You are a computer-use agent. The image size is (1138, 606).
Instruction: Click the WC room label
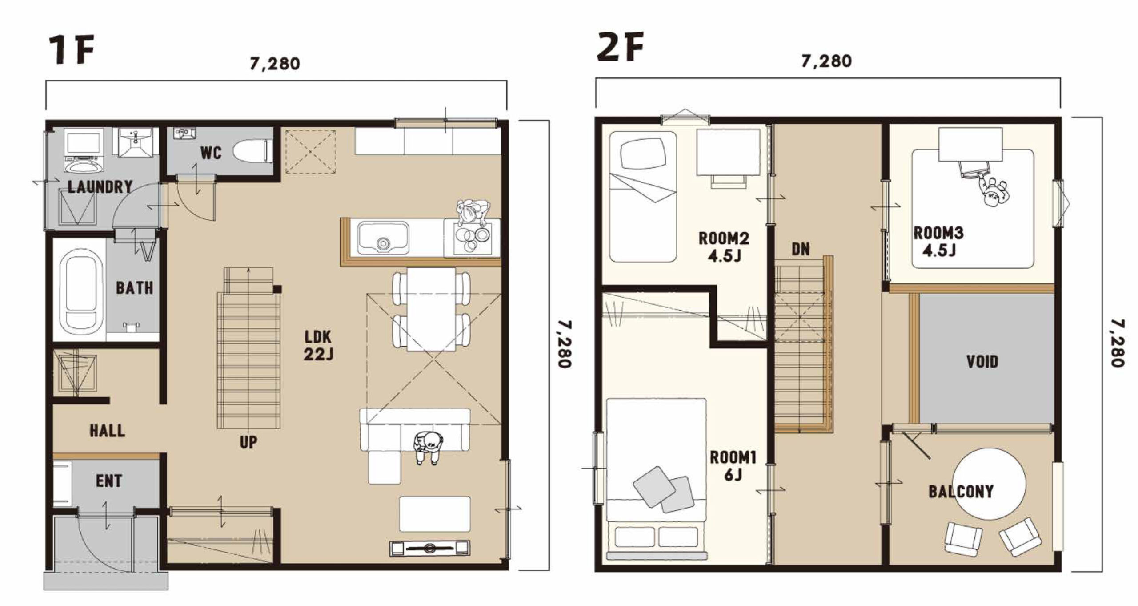211,153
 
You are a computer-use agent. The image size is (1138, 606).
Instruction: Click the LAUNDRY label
100,187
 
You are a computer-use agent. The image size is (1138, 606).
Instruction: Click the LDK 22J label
318,345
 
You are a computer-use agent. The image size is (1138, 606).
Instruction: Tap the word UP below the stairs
248,442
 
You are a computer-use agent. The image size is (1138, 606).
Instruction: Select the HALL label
107,431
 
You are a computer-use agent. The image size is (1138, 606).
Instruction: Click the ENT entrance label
109,481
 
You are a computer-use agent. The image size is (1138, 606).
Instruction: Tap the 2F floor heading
620,47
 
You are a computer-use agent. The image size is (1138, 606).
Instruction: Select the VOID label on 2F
982,362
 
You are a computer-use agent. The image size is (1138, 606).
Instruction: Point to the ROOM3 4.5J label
938,242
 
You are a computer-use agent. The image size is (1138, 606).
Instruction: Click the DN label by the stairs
801,249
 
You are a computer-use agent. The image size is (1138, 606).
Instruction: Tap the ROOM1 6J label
733,466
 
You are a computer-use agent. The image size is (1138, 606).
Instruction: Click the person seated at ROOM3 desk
994,192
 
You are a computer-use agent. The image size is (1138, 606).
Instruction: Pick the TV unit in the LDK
429,548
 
